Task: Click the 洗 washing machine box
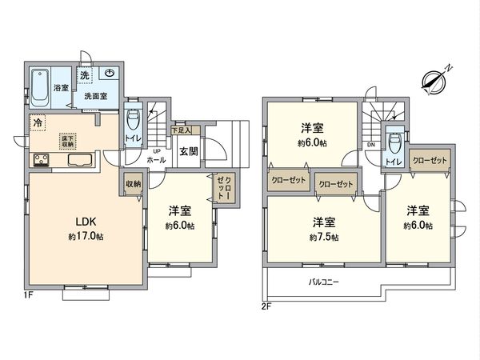[85, 75]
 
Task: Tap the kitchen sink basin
[81, 161]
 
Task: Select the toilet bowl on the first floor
[134, 124]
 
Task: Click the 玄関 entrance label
[188, 150]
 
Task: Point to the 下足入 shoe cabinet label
[182, 130]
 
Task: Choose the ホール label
[156, 160]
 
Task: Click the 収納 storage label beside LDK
[133, 184]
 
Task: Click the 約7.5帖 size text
[325, 238]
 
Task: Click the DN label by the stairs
[370, 145]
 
